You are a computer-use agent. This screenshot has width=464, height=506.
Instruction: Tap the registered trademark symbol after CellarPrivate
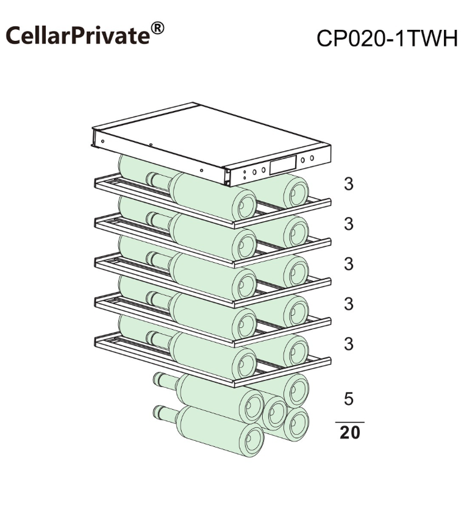click(157, 28)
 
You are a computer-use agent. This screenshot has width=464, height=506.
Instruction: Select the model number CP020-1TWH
click(387, 38)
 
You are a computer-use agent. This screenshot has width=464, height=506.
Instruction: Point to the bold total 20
click(350, 432)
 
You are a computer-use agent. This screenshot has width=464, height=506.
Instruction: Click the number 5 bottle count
click(349, 399)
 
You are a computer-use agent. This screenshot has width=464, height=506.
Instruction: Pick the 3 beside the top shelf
click(349, 184)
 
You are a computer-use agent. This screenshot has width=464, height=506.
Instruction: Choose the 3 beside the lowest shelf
click(349, 344)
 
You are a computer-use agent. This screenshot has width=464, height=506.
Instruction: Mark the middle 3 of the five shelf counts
click(349, 264)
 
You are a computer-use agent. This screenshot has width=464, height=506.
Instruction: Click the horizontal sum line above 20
click(350, 422)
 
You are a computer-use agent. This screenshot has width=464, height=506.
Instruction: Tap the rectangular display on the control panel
click(283, 165)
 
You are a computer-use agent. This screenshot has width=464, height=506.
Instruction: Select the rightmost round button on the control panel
click(312, 158)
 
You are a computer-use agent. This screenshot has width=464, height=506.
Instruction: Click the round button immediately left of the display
click(263, 169)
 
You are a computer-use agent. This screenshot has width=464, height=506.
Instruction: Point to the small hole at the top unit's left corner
click(102, 141)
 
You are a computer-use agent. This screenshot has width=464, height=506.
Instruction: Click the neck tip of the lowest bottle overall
click(159, 412)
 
